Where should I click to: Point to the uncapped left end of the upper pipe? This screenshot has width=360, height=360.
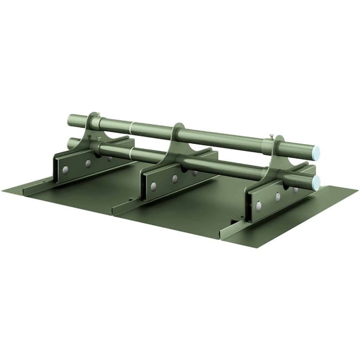pyautogui.click(x=70, y=120)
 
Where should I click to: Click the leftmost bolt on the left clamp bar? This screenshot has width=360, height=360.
pyautogui.click(x=65, y=170)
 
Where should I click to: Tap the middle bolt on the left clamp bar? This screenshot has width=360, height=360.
pyautogui.click(x=88, y=163)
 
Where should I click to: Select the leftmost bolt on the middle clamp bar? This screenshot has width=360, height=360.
pyautogui.click(x=153, y=186)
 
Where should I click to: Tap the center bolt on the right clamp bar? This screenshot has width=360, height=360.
pyautogui.click(x=278, y=197)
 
